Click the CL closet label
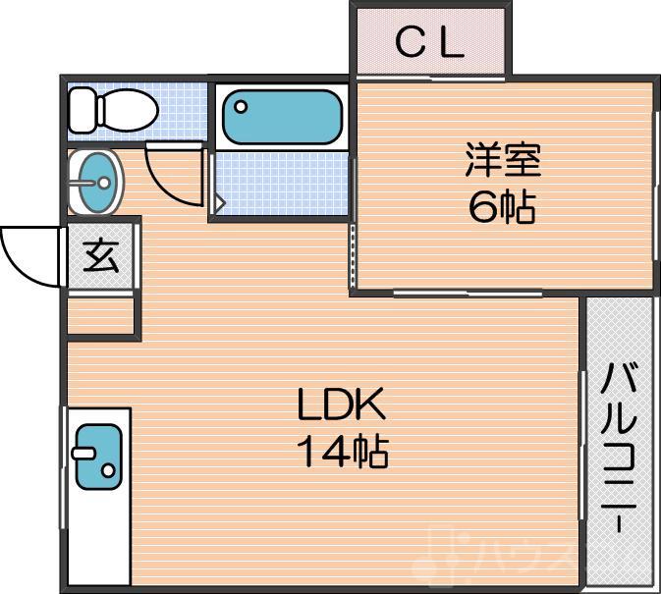point(429,42)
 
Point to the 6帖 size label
point(502,207)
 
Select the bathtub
point(281,117)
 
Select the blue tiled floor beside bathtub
point(282,184)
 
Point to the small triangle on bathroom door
point(220,203)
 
